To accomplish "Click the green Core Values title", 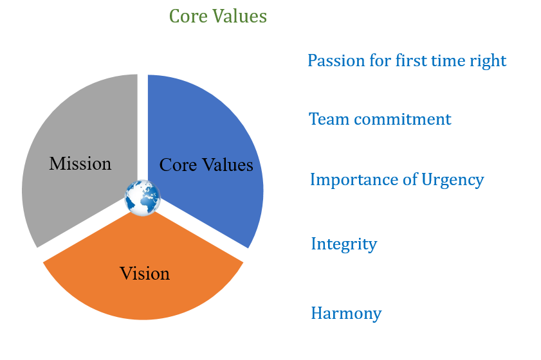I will coord(217,15).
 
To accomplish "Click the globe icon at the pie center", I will coord(142,197).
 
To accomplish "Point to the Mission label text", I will coord(80,164).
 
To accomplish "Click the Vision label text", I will coord(145,274).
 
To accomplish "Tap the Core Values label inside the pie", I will coord(206,165).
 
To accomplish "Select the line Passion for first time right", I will coord(407,61).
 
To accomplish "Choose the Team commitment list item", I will coord(380,119).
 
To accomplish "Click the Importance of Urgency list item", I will coord(396,179).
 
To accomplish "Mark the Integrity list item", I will coord(344,244).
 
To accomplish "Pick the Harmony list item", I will coord(346,314).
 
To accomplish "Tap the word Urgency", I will coord(452,179).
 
